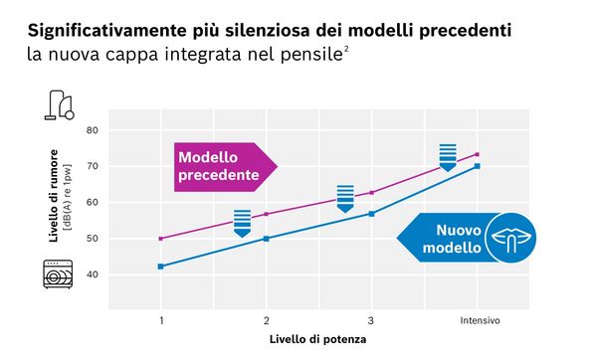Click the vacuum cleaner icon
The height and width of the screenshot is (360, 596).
(59, 104)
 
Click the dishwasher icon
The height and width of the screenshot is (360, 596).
(58, 273)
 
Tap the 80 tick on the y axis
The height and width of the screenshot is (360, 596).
(92, 130)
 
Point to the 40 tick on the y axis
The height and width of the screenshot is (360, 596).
(92, 274)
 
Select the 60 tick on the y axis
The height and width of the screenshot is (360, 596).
(92, 202)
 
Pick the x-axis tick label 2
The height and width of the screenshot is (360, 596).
(266, 320)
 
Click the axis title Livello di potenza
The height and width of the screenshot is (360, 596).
(317, 340)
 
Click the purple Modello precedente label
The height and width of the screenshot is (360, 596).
(220, 167)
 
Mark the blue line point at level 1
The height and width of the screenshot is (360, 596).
(160, 267)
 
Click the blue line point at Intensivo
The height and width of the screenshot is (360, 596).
(478, 166)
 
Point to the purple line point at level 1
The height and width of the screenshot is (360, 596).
(160, 239)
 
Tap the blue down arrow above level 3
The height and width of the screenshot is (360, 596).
(345, 199)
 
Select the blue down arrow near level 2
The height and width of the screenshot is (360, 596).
(242, 223)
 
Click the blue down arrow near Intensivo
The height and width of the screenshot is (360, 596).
(448, 157)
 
